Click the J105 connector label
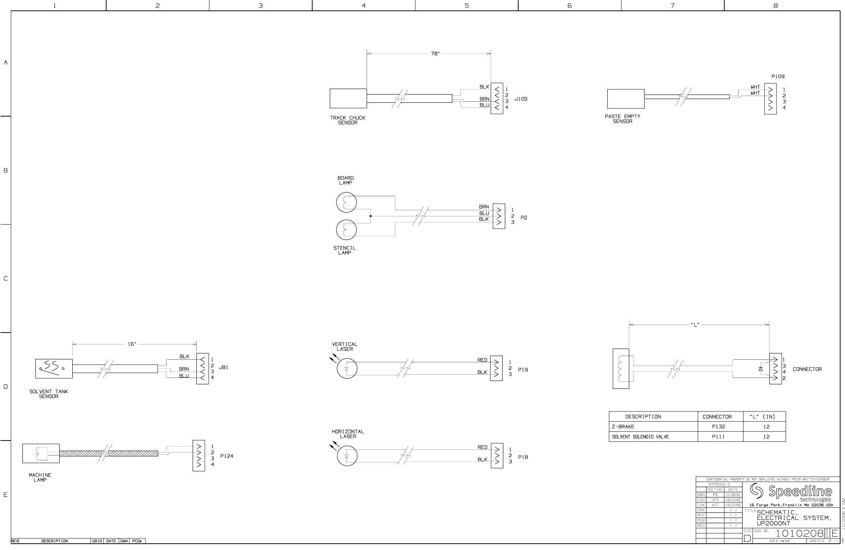tap(521, 99)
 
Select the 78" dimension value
tap(435, 54)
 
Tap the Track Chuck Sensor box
tap(348, 98)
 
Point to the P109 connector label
tap(778, 76)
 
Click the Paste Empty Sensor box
tap(626, 99)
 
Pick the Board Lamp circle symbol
tap(346, 203)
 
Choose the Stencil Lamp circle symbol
tap(346, 230)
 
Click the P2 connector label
tap(524, 218)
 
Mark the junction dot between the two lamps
tap(371, 216)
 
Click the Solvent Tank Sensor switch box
tap(54, 368)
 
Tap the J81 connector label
tap(224, 367)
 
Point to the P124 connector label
tap(227, 456)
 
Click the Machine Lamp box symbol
tap(41, 453)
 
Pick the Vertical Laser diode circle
tap(347, 369)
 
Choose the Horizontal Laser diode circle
tap(347, 456)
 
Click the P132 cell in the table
tap(718, 427)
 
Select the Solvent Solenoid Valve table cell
tap(640, 437)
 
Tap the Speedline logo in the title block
tap(791, 493)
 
